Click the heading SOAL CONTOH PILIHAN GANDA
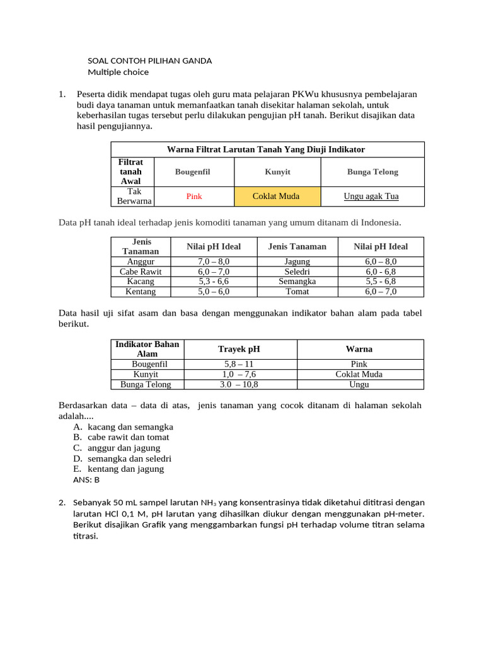click(149, 61)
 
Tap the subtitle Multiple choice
click(118, 72)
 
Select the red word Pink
click(194, 197)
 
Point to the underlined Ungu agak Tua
click(371, 197)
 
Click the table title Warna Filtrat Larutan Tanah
click(266, 149)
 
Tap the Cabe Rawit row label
click(141, 271)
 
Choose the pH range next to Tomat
click(380, 292)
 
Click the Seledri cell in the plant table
click(297, 271)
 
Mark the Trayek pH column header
click(239, 349)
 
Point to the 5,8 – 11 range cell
click(239, 364)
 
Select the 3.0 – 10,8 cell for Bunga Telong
click(239, 384)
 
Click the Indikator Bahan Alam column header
click(147, 349)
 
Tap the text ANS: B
click(86, 480)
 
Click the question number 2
click(62, 503)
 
